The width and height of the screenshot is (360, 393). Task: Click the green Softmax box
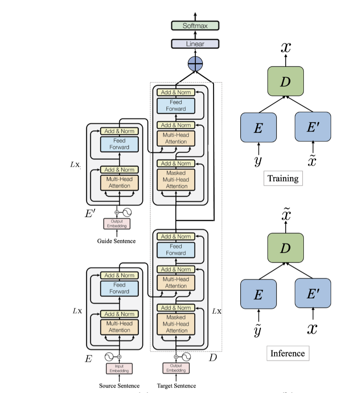pos(195,25)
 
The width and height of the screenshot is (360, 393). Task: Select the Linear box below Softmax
pos(195,43)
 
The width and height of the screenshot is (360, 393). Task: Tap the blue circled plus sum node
pos(195,64)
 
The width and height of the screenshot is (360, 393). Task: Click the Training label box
pos(283,178)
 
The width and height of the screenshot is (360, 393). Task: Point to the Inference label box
pos(287,353)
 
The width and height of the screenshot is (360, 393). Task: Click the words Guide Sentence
pos(116,241)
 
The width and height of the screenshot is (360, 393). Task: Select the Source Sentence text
pos(119,386)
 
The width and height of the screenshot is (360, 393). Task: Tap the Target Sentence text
pos(176,386)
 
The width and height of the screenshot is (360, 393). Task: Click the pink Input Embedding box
pos(119,369)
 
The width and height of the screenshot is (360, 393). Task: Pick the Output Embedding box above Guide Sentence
pos(116,224)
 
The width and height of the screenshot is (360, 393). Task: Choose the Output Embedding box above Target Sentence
pos(176,369)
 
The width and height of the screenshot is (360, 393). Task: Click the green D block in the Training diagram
pos(285,82)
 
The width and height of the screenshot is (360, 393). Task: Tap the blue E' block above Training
pos(313,127)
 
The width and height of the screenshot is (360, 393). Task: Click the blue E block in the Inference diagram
pos(258,294)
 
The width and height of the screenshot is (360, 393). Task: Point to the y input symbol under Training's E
pos(258,161)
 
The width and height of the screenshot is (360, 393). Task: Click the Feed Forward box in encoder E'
pos(119,144)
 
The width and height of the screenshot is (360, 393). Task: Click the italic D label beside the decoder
pos(213,357)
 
